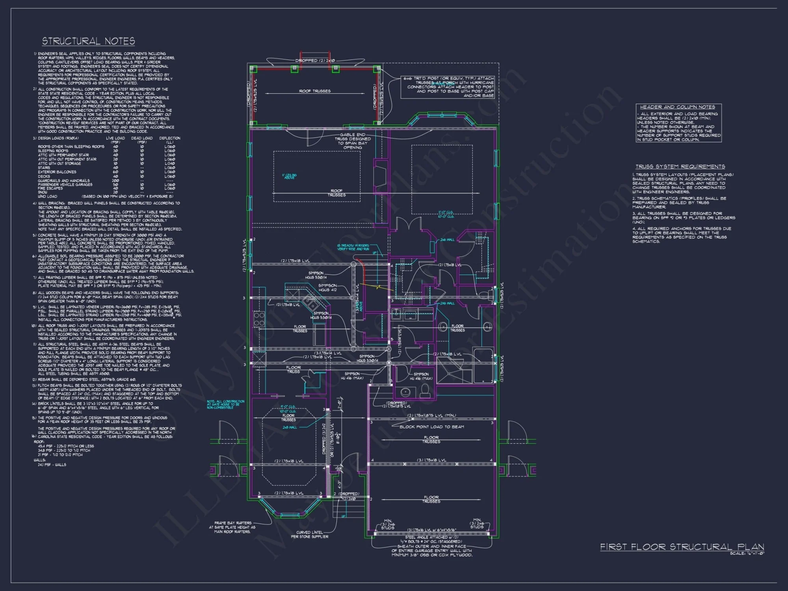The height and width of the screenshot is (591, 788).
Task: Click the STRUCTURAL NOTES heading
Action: point(88,41)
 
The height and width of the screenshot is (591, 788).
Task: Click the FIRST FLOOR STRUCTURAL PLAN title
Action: point(682,547)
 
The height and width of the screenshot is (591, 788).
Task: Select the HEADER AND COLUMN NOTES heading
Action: point(677,107)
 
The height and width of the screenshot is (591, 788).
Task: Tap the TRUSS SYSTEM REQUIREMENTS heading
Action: point(680,167)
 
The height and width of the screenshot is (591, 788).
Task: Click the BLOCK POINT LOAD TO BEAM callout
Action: point(431,427)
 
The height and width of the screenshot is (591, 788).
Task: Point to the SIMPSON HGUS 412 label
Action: point(327,288)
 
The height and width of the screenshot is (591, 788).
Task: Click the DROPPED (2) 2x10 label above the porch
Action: point(315,61)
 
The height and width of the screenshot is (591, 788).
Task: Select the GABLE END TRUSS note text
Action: point(352,141)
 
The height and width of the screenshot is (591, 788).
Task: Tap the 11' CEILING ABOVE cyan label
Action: point(289,177)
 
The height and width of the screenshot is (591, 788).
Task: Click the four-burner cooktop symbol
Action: point(259,319)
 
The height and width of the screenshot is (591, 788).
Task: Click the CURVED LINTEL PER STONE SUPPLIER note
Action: point(309,534)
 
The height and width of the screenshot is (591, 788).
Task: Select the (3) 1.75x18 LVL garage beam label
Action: point(431,460)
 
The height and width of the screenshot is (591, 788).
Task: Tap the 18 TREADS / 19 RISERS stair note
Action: point(353,247)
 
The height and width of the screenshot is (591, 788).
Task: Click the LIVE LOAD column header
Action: point(115,138)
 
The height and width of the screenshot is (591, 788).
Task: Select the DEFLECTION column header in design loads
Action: point(169,138)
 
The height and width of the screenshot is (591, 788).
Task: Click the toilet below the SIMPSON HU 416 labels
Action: point(425,391)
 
